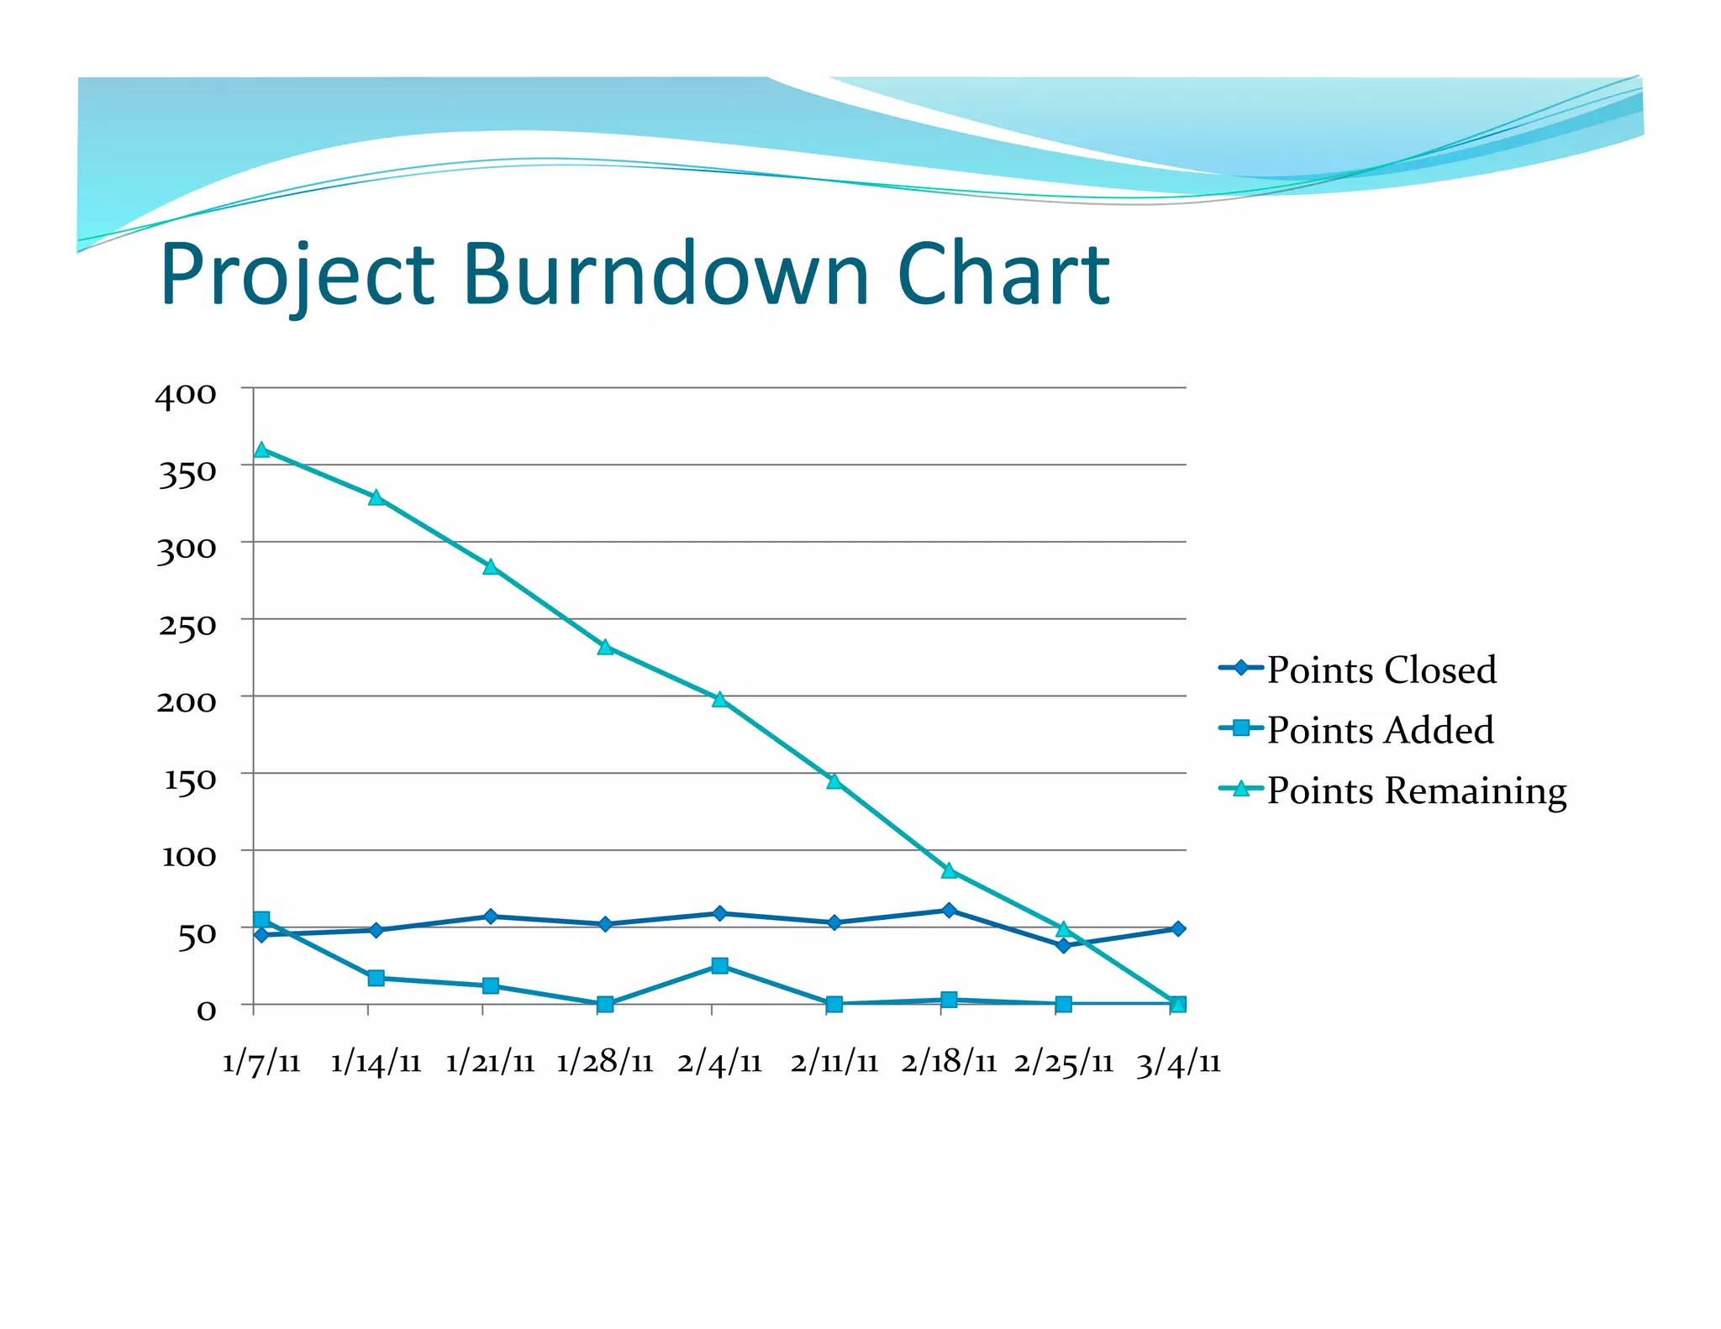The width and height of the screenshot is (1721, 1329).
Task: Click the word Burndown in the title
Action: pos(666,274)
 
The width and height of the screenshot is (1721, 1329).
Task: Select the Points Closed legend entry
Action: pos(1381,670)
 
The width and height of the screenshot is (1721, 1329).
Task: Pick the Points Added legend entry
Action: pos(1379,729)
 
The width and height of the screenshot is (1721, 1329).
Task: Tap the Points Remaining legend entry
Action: pos(1416,790)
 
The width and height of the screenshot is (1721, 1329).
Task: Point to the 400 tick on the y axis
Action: pos(186,394)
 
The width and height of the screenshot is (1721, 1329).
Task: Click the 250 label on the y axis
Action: pos(187,625)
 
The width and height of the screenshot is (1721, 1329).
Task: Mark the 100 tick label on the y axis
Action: pos(189,856)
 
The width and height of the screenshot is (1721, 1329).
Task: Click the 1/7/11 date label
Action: pos(261,1063)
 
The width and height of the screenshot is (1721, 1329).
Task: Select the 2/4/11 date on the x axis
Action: pos(719,1063)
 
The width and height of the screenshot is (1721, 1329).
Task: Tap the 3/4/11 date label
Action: pos(1178,1063)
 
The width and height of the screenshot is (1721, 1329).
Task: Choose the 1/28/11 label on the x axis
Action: pos(605,1063)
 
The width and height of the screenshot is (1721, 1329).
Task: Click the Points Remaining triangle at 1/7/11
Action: pos(261,450)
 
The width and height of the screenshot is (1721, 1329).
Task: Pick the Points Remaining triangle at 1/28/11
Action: pos(605,647)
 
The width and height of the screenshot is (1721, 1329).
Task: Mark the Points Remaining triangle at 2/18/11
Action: pos(949,871)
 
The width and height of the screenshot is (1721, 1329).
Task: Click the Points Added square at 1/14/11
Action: pos(376,978)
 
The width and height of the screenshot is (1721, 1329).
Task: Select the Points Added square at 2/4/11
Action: pos(719,965)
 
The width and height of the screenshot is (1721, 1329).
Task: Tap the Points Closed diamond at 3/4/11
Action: pos(1178,928)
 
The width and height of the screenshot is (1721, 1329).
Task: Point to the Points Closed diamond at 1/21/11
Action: pos(491,917)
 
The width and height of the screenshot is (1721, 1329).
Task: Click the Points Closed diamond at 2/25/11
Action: pos(1063,945)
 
